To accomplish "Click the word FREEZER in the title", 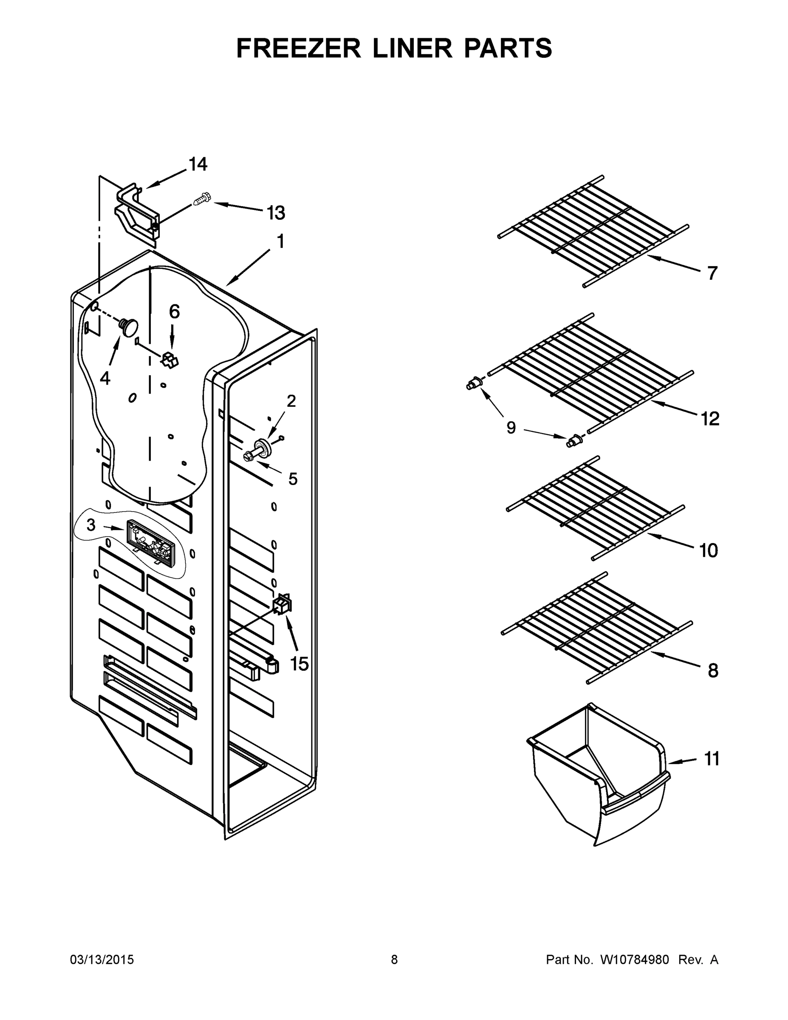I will (299, 48).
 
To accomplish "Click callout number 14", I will (198, 164).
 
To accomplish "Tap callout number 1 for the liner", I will (280, 241).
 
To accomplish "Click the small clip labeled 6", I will (170, 360).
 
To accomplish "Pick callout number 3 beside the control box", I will (91, 525).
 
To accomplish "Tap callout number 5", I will (293, 479).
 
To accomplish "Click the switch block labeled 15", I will (282, 605).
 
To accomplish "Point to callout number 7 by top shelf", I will (712, 273).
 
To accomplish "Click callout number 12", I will (709, 419).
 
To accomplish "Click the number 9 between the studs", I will (511, 427).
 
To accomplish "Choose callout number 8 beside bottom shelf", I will (713, 671).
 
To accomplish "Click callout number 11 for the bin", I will (712, 759).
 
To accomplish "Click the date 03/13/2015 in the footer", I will (102, 960).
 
